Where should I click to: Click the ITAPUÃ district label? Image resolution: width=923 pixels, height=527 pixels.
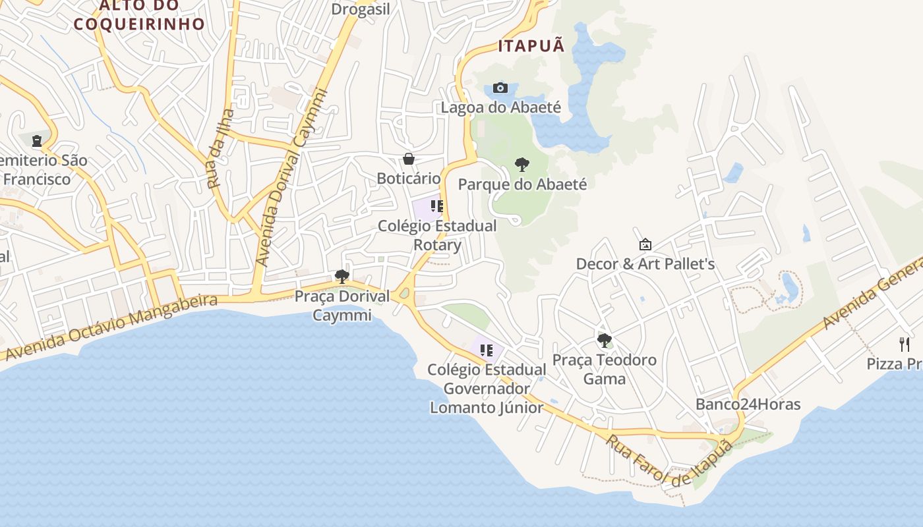(531, 46)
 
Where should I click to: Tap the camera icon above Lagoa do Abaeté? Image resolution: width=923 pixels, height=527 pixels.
(500, 88)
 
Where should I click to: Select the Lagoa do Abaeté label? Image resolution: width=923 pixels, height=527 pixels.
(500, 107)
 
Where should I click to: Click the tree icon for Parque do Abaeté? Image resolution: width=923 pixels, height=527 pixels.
(522, 165)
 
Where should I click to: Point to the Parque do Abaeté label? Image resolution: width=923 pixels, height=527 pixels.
(522, 184)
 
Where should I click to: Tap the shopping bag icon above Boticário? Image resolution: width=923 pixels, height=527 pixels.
(409, 159)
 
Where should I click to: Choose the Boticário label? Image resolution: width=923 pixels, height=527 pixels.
(409, 179)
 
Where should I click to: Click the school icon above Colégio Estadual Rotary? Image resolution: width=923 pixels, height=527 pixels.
(436, 206)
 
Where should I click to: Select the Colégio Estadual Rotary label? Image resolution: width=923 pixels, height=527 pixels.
(437, 235)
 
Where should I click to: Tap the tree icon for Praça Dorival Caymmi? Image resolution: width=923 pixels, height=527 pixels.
(342, 277)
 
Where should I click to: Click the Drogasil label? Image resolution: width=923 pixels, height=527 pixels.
(361, 9)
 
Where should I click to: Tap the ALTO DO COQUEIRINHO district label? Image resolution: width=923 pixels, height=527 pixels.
(139, 16)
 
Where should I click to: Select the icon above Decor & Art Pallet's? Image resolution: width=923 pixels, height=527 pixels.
(645, 244)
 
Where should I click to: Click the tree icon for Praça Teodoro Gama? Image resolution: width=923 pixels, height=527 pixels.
(604, 341)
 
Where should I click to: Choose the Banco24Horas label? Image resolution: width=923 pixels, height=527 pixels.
(748, 404)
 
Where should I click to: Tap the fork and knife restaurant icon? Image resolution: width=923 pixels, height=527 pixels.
(905, 344)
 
